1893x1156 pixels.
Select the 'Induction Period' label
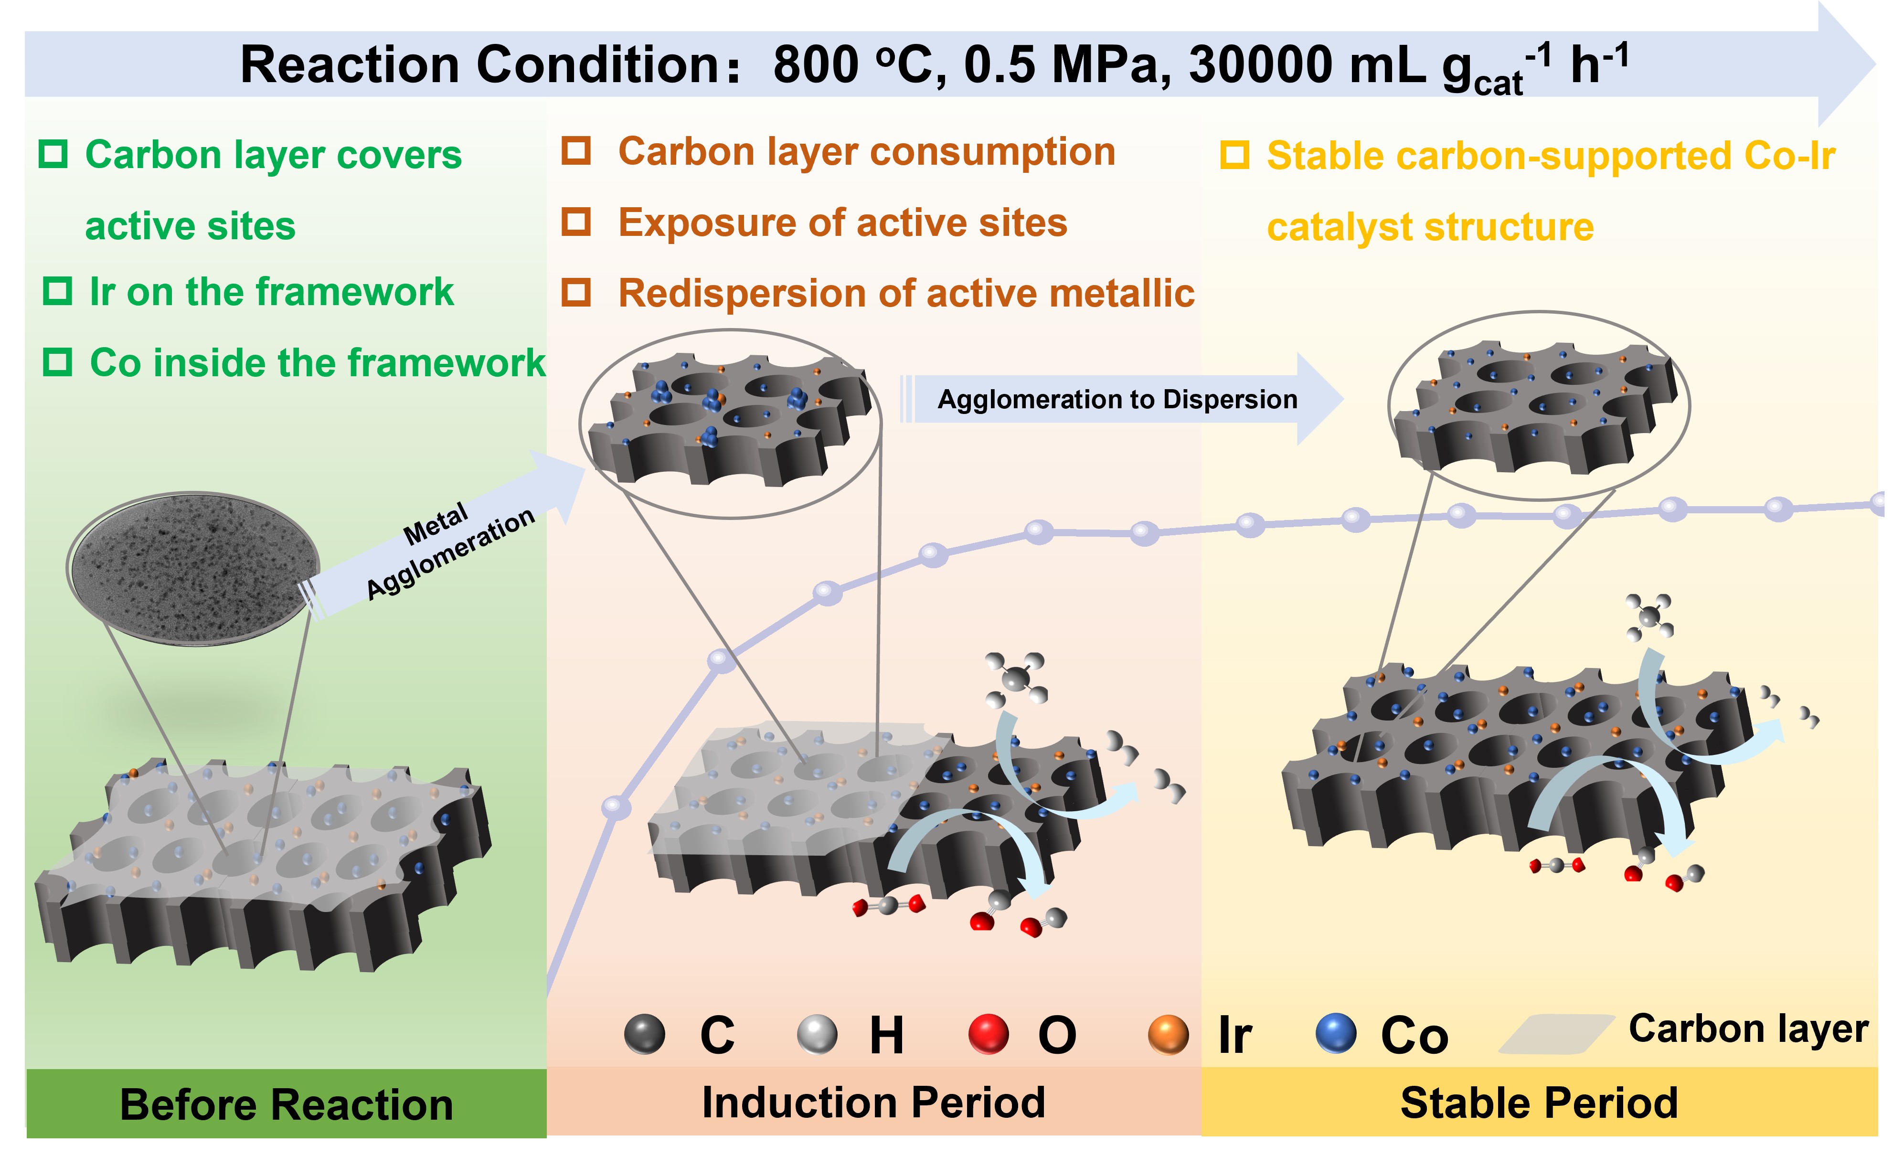click(x=873, y=1103)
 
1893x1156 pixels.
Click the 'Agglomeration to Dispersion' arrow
click(x=1118, y=399)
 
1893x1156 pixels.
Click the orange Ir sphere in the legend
click(x=1168, y=1035)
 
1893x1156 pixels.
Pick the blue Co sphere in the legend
click(x=1336, y=1033)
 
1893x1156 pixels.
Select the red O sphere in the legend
click(x=988, y=1034)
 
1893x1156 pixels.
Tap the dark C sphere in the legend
click(x=645, y=1034)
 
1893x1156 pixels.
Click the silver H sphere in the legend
click(x=817, y=1034)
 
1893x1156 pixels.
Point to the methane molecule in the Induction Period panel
click(x=1016, y=678)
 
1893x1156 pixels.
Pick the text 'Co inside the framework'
click(x=317, y=362)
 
